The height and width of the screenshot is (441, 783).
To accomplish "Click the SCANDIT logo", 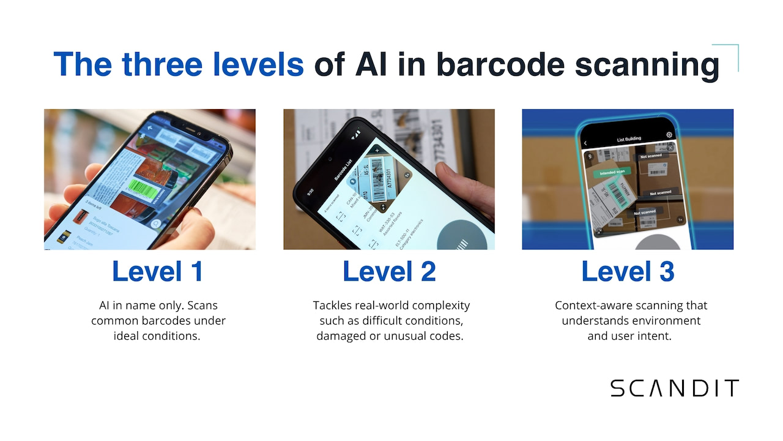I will pos(674,388).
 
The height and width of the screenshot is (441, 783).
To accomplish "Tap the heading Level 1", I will pos(157,271).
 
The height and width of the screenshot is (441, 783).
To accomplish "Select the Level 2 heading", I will pos(389,271).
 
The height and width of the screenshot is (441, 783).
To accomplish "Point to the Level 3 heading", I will pos(628,271).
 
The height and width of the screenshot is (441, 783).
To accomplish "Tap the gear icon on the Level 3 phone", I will pos(669,135).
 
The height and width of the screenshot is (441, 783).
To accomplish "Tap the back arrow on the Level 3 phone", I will pos(585,143).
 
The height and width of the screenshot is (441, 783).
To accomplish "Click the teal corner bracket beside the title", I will pos(730,53).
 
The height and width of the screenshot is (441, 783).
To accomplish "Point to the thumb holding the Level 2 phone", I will pos(465,184).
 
